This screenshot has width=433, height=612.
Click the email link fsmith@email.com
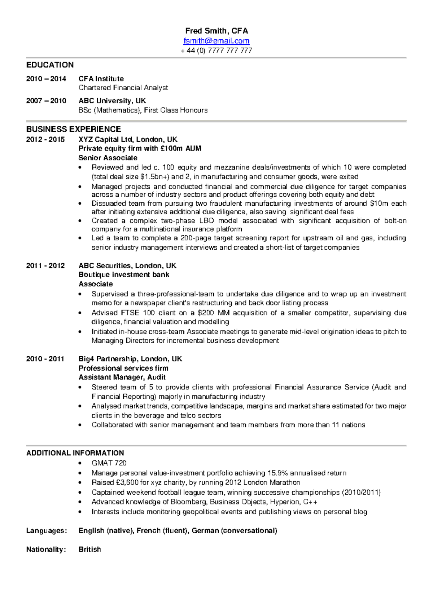tap(216, 41)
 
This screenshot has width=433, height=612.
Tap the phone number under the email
tap(216, 51)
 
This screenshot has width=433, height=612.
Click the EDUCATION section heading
tap(50, 65)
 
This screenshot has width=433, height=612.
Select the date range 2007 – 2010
tap(46, 101)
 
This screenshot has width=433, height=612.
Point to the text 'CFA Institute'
tap(101, 79)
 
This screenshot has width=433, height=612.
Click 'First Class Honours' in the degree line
tap(176, 110)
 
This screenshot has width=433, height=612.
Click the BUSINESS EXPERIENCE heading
tap(73, 129)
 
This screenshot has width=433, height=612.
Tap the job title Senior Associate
tap(108, 158)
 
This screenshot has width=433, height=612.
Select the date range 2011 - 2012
tap(45, 266)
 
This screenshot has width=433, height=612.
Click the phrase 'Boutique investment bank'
tap(124, 275)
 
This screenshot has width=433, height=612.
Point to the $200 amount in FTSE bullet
tap(206, 313)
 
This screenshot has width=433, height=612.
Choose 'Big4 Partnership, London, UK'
tap(130, 359)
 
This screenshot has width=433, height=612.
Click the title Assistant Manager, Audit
tap(122, 377)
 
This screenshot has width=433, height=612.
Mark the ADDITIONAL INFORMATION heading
tap(75, 453)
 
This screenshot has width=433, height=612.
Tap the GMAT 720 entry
tap(109, 463)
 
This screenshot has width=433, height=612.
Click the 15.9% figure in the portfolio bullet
tap(277, 473)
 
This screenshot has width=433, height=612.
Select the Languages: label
tap(47, 530)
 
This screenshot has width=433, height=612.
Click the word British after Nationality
tap(89, 549)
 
